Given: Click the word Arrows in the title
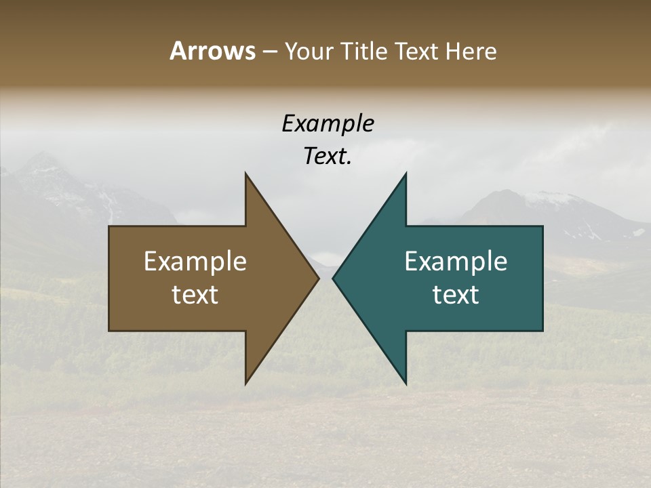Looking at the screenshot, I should point(212,51).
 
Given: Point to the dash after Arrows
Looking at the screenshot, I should point(269,52).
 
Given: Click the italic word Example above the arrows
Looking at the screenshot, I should point(328,123).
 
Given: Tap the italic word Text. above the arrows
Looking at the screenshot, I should point(328,157).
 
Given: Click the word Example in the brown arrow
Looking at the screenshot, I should point(195,262).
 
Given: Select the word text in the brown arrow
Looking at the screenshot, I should point(195,295).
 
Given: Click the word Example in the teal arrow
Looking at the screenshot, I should point(456,262).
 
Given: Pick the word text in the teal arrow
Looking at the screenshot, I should point(456,295).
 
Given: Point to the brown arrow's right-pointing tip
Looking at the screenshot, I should point(317,278).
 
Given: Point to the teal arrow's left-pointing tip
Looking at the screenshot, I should point(334,278).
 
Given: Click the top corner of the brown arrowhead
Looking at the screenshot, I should point(245,174).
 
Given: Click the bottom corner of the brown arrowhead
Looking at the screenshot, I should point(245,383).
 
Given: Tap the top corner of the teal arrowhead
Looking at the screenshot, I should point(406,174).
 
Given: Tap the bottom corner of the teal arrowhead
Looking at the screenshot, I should point(406,383).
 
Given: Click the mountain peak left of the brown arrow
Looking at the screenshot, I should point(44,157).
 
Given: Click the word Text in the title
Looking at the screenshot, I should point(417,52).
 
